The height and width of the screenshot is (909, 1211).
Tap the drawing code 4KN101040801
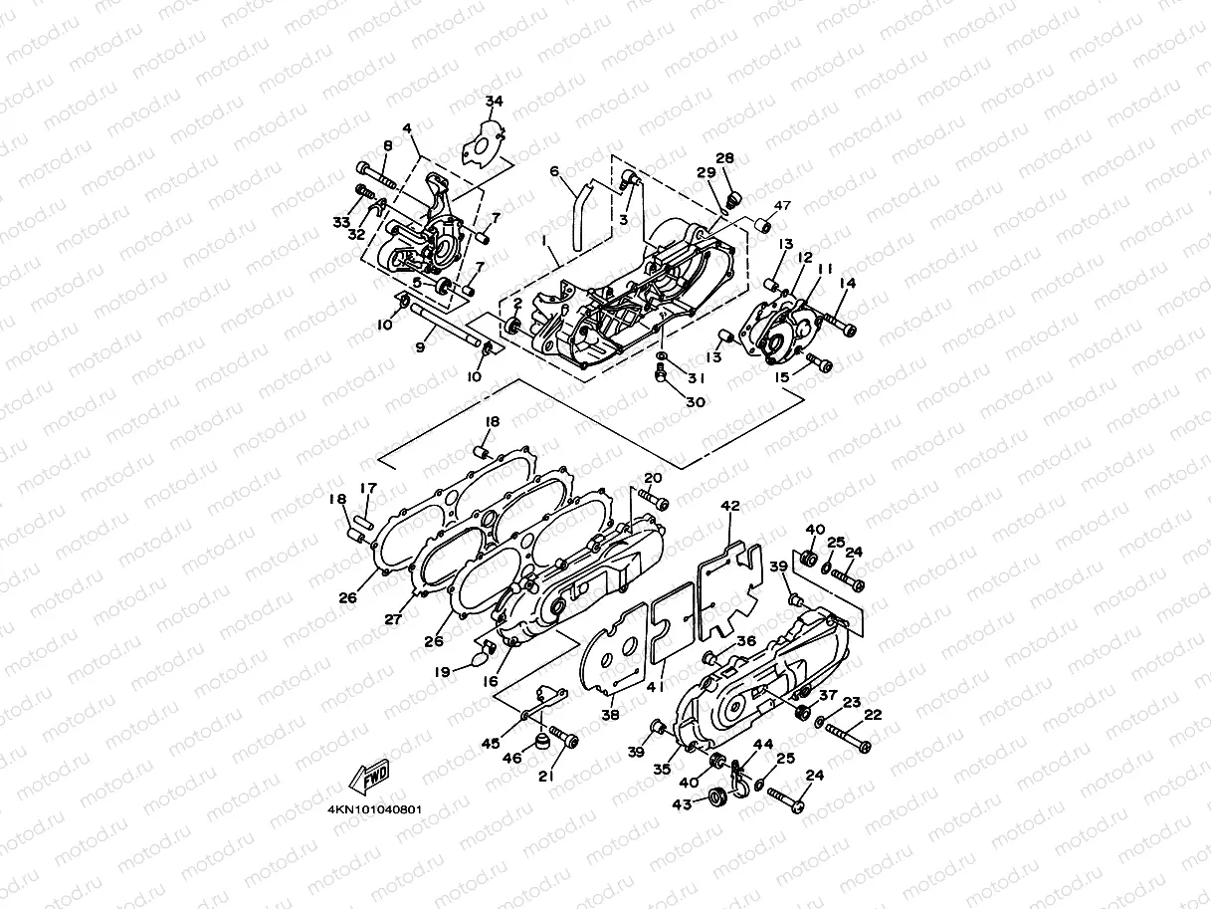(373, 808)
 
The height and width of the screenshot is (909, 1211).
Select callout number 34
(495, 102)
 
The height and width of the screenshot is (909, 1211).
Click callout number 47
(782, 205)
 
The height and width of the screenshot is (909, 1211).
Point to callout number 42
(730, 507)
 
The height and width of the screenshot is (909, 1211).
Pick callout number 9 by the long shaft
(419, 346)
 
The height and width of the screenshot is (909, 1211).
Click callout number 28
(724, 158)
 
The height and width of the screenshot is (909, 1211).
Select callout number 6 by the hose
(555, 171)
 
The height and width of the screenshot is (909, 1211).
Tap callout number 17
(368, 488)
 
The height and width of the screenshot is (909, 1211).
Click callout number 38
(610, 714)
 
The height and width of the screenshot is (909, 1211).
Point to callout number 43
(683, 803)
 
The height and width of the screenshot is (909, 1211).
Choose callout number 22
(873, 715)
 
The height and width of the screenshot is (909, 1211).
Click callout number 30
(695, 401)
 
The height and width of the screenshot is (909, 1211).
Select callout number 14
(847, 284)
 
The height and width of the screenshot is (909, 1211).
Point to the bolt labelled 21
(568, 740)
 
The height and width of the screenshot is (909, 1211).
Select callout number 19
(442, 671)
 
